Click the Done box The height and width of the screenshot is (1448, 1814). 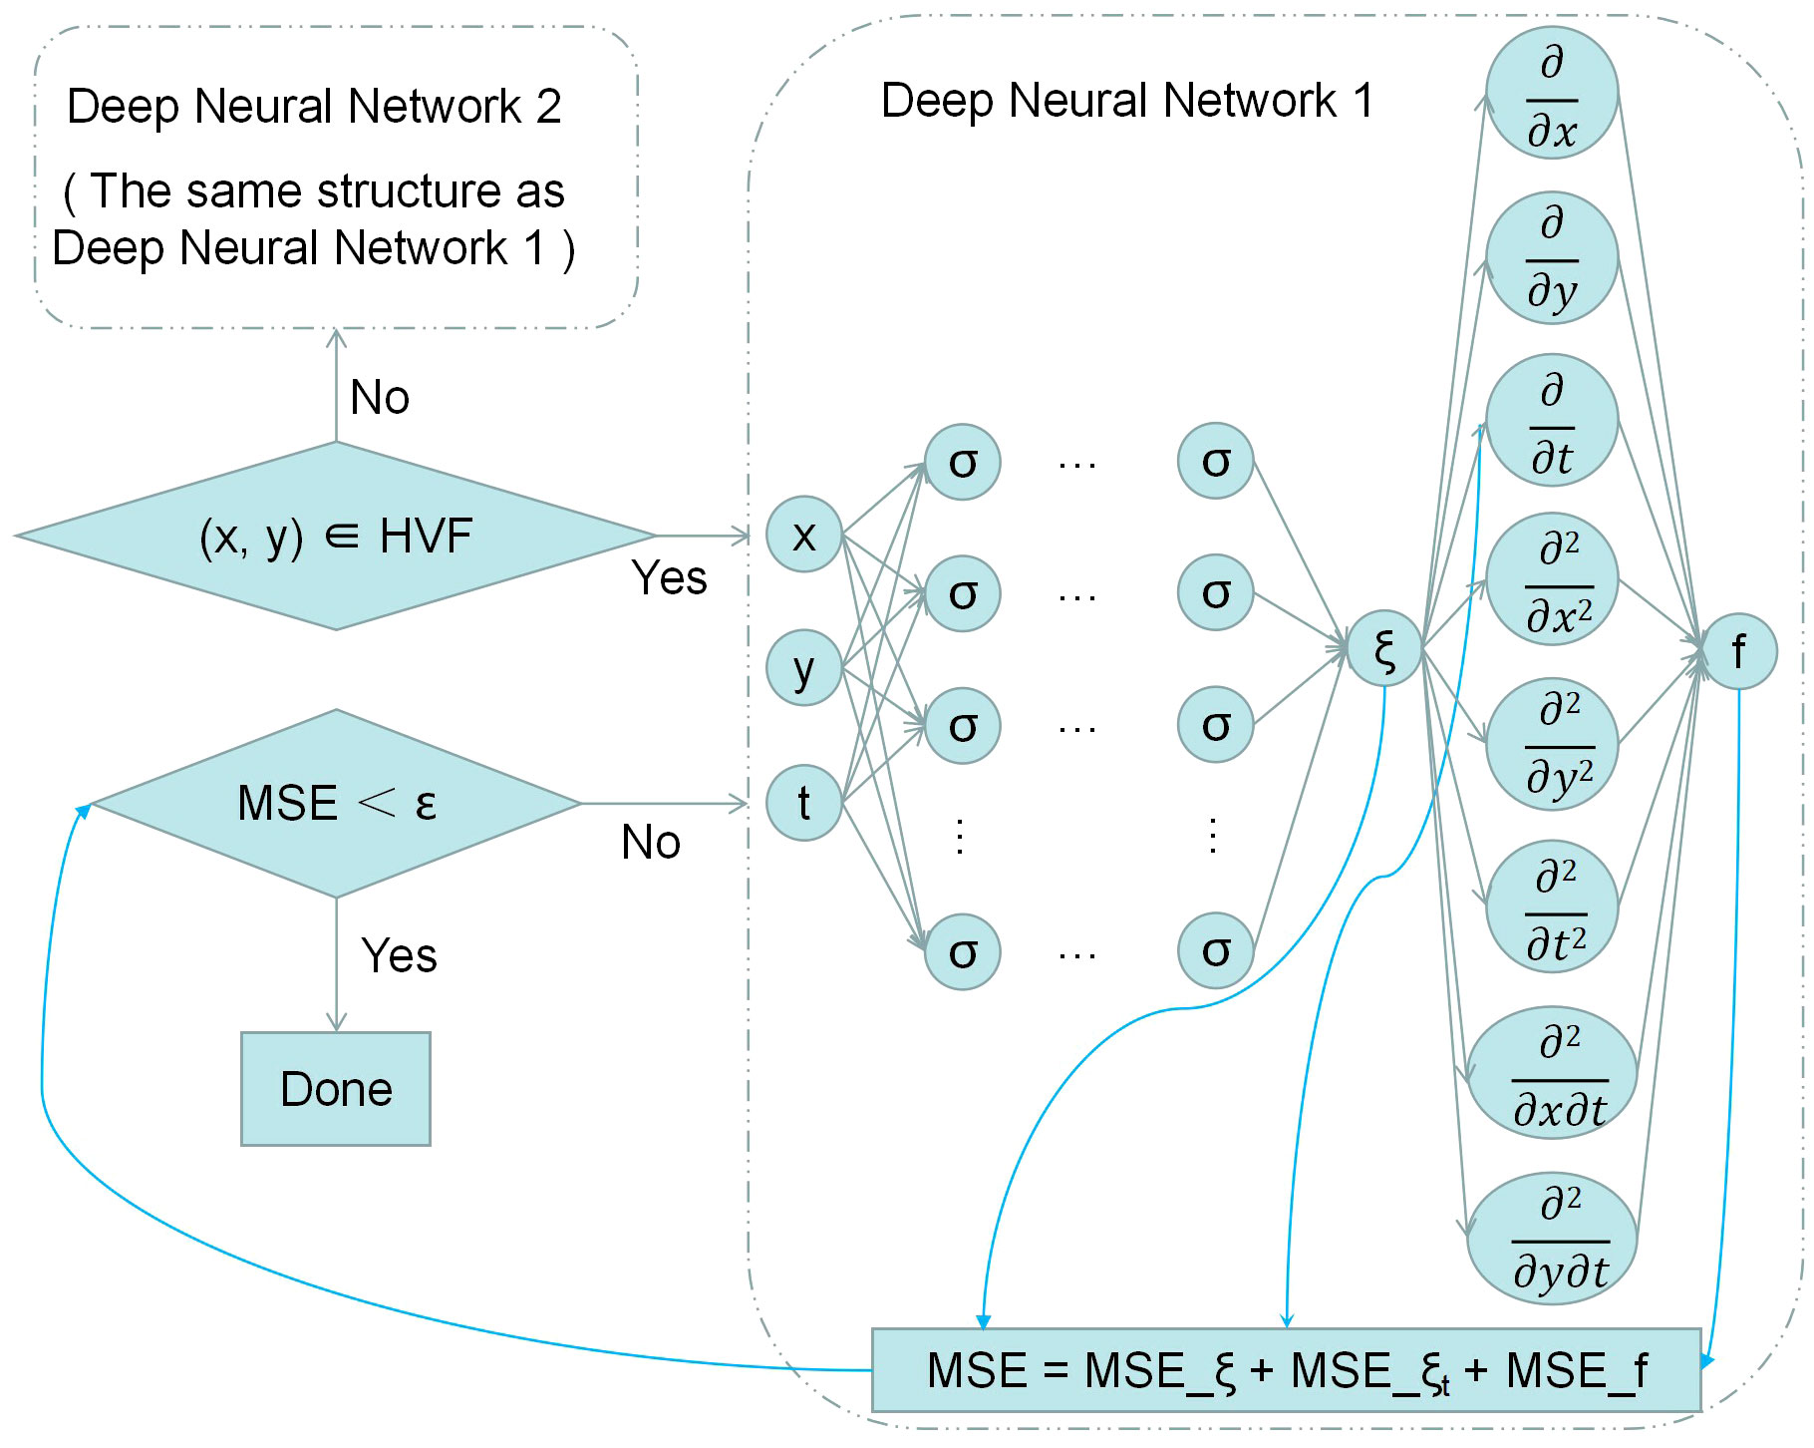click(336, 1088)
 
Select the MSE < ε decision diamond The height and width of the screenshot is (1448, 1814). click(337, 804)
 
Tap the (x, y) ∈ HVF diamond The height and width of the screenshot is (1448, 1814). click(336, 536)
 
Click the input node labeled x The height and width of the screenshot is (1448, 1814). click(804, 535)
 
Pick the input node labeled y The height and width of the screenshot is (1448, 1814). click(804, 667)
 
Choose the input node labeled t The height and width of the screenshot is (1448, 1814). click(804, 803)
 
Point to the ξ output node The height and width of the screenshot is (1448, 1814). click(1384, 649)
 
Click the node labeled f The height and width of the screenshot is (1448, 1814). click(1739, 651)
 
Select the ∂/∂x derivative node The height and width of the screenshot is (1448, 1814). click(1552, 94)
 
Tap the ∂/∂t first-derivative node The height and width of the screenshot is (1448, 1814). click(1552, 421)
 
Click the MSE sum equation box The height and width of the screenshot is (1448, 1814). click(1287, 1370)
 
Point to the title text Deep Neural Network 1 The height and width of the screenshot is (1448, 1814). click(1127, 101)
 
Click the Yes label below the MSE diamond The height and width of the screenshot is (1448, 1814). click(399, 955)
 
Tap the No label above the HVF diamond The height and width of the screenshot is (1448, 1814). click(380, 397)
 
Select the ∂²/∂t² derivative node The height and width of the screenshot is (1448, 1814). click(1552, 906)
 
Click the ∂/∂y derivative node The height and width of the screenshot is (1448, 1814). click(1552, 257)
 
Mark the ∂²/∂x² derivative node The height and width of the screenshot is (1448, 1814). click(1552, 579)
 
